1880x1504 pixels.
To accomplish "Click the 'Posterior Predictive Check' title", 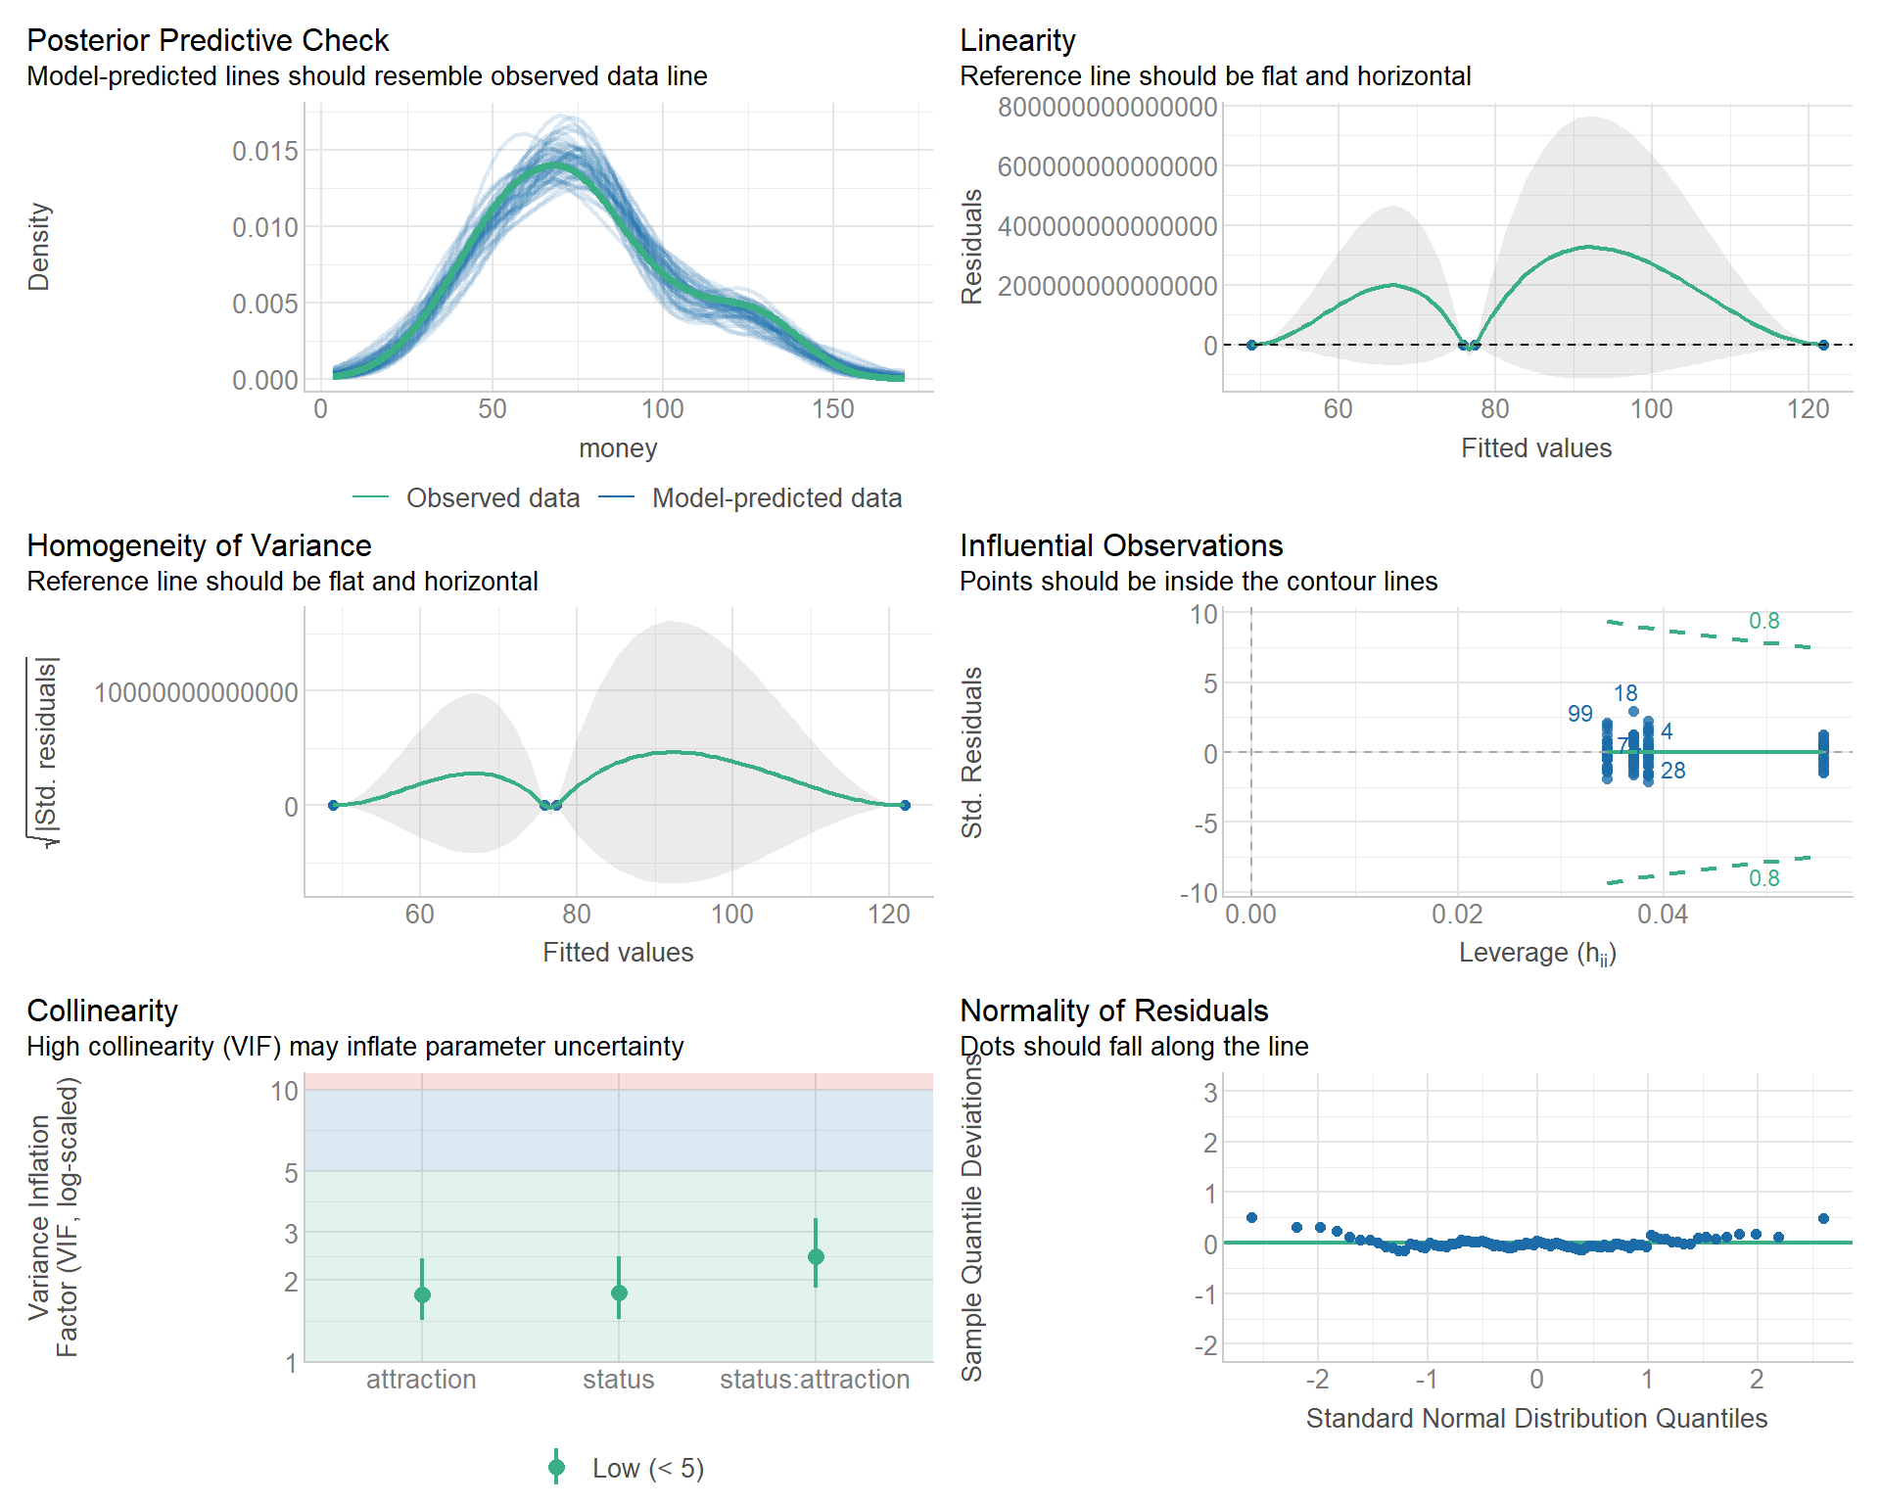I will click(x=208, y=40).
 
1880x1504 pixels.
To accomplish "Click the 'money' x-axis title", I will click(x=618, y=448).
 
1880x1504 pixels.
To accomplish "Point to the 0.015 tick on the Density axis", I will click(x=264, y=151).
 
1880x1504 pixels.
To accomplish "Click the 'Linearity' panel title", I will click(x=1017, y=40).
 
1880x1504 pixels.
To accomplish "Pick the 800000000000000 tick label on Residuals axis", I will click(x=1106, y=107).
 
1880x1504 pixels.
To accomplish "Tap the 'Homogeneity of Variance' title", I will click(x=199, y=545).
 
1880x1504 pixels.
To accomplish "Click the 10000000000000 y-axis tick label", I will click(x=196, y=692).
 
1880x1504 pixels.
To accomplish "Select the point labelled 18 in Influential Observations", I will click(x=1633, y=712).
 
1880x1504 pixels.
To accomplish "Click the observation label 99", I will click(x=1579, y=714).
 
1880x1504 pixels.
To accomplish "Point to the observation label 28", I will click(x=1673, y=771).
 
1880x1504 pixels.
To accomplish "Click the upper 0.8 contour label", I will click(x=1763, y=621).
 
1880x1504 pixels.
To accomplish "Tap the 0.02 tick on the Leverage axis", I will click(x=1457, y=915).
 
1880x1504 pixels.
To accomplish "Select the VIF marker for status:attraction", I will click(x=816, y=1256).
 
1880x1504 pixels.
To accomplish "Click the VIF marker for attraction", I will click(x=422, y=1294).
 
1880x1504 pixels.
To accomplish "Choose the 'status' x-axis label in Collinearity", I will click(x=618, y=1380).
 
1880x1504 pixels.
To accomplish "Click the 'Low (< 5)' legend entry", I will click(x=647, y=1469).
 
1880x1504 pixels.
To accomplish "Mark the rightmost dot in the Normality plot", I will click(x=1823, y=1219).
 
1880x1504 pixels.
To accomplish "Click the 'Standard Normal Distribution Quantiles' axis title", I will click(x=1536, y=1419).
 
